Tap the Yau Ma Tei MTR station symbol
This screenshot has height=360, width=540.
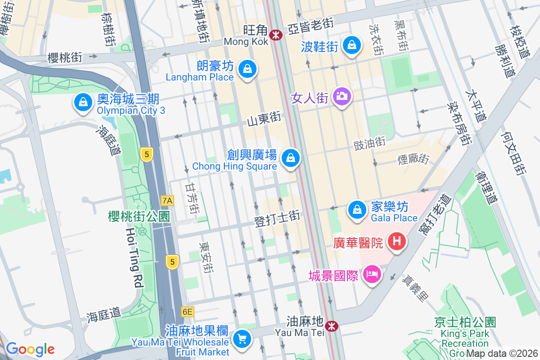click(332, 325)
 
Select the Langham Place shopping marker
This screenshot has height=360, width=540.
click(247, 69)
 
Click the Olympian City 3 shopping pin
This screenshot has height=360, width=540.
click(83, 102)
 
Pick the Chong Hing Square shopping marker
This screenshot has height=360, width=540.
click(291, 157)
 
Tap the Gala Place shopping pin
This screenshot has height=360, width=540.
click(357, 209)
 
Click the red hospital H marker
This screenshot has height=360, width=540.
click(396, 241)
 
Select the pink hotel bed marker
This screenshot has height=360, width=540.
click(372, 273)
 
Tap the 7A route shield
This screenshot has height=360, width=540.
click(167, 200)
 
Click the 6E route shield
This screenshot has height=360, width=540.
click(187, 311)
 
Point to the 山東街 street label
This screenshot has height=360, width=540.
click(264, 119)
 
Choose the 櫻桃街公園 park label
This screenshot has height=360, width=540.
click(139, 216)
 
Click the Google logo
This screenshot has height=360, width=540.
click(30, 349)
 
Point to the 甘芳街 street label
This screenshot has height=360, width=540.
click(192, 198)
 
